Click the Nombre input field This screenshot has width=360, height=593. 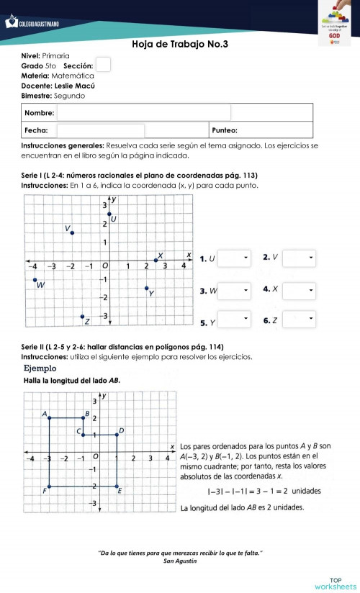[144, 113]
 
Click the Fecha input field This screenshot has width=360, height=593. [101, 131]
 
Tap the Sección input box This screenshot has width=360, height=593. [104, 65]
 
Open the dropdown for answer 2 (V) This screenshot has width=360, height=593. [299, 258]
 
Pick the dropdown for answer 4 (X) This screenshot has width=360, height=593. [299, 290]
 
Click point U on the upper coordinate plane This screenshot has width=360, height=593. [109, 214]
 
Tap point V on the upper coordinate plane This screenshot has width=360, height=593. [72, 232]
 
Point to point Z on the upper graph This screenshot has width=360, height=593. [83, 316]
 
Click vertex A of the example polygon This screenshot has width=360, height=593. [48, 418]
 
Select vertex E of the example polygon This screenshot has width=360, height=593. [118, 486]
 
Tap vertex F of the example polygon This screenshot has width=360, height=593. [48, 486]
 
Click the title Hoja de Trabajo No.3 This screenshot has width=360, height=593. [180, 45]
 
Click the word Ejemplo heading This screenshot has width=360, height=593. [40, 368]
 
